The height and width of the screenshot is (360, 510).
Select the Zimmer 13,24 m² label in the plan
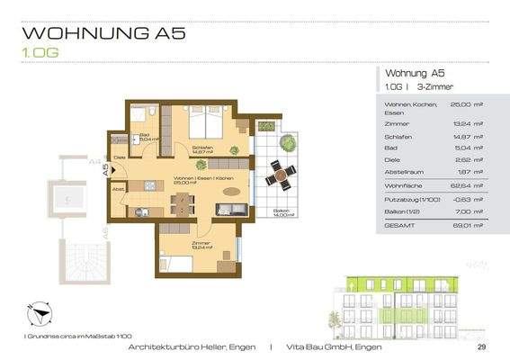[201, 244]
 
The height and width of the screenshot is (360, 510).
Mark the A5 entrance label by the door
[105, 167]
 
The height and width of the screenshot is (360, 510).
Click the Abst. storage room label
[118, 189]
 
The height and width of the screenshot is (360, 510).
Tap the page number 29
[481, 346]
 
